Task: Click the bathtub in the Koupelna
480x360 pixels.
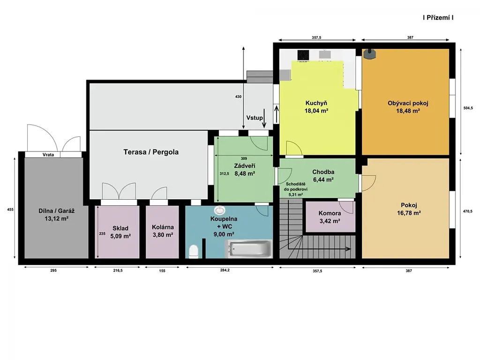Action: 249,248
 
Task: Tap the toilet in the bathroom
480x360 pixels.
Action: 194,251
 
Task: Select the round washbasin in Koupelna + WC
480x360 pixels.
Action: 220,210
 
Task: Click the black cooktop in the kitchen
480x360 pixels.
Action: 303,55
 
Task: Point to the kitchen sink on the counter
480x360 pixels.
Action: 325,54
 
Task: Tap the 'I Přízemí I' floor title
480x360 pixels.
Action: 438,18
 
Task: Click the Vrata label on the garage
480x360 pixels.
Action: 48,155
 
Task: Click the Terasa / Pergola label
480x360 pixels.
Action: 151,152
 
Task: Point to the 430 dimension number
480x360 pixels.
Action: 238,97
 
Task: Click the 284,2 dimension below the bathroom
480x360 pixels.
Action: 225,270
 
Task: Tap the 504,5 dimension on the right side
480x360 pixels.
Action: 468,108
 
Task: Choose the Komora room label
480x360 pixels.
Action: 330,213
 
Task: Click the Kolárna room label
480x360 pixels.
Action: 163,227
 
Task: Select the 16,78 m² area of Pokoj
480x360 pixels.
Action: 409,213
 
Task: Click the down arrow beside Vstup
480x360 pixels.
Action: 264,118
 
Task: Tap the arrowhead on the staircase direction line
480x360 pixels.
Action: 348,249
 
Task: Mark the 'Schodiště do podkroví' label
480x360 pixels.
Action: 296,187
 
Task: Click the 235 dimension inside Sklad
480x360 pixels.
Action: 102,233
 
